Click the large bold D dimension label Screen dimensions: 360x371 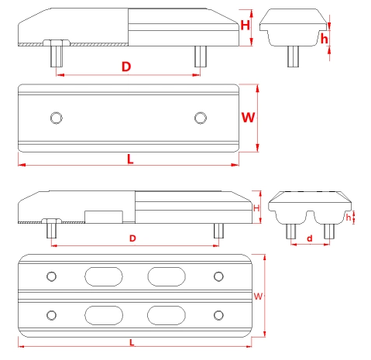point(126,67)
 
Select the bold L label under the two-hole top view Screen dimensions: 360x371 point(129,159)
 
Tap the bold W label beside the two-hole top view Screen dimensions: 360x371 point(248,118)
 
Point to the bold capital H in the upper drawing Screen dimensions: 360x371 point(246,25)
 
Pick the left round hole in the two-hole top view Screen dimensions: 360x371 point(55,117)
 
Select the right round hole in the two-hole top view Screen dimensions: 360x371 point(201,117)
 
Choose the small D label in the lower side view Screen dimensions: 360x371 point(132,237)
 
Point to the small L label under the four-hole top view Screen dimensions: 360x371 point(132,341)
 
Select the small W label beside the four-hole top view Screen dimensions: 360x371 point(257,296)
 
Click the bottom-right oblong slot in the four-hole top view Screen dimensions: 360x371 point(167,314)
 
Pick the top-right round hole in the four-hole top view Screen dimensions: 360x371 point(218,276)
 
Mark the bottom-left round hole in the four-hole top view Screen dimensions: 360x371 point(52,314)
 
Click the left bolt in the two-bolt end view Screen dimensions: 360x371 point(293,230)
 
